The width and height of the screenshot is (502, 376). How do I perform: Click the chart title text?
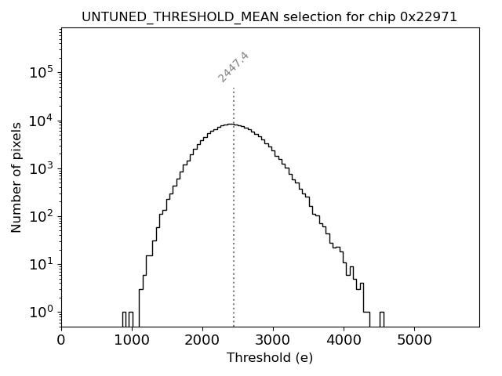coord(269,16)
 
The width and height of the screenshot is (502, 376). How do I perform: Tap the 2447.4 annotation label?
coord(234,67)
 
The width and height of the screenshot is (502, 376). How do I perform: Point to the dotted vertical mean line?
coord(234,219)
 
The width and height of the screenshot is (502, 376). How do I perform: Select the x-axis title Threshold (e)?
coord(269,358)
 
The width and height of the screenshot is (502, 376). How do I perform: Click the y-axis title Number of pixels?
coord(16,177)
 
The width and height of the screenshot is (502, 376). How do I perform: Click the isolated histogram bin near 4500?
coord(381,319)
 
